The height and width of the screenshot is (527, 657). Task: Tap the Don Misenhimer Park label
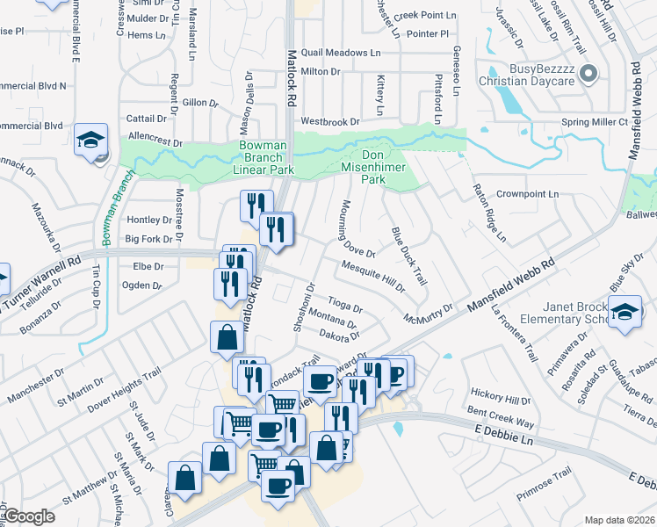[374, 164]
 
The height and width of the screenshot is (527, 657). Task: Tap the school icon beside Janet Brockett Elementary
[625, 314]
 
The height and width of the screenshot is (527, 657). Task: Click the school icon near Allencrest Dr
[90, 141]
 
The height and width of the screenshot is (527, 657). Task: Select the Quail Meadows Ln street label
[341, 53]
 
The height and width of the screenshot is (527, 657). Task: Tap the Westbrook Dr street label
[330, 121]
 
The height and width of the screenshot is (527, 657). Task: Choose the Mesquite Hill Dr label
[372, 275]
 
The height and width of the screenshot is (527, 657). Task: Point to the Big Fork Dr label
[149, 238]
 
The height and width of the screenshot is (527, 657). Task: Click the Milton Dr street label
[321, 71]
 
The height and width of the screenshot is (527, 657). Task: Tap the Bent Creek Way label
[499, 415]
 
